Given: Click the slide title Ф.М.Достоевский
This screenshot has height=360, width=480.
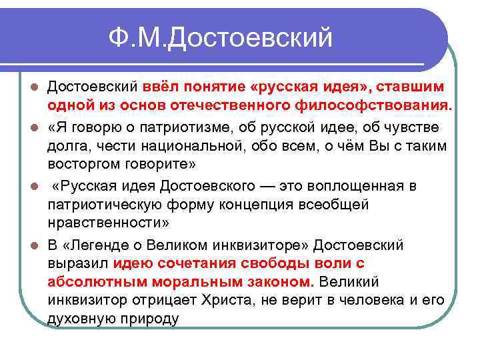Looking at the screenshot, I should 221,38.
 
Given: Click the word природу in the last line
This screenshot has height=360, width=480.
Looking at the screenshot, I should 148,319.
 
